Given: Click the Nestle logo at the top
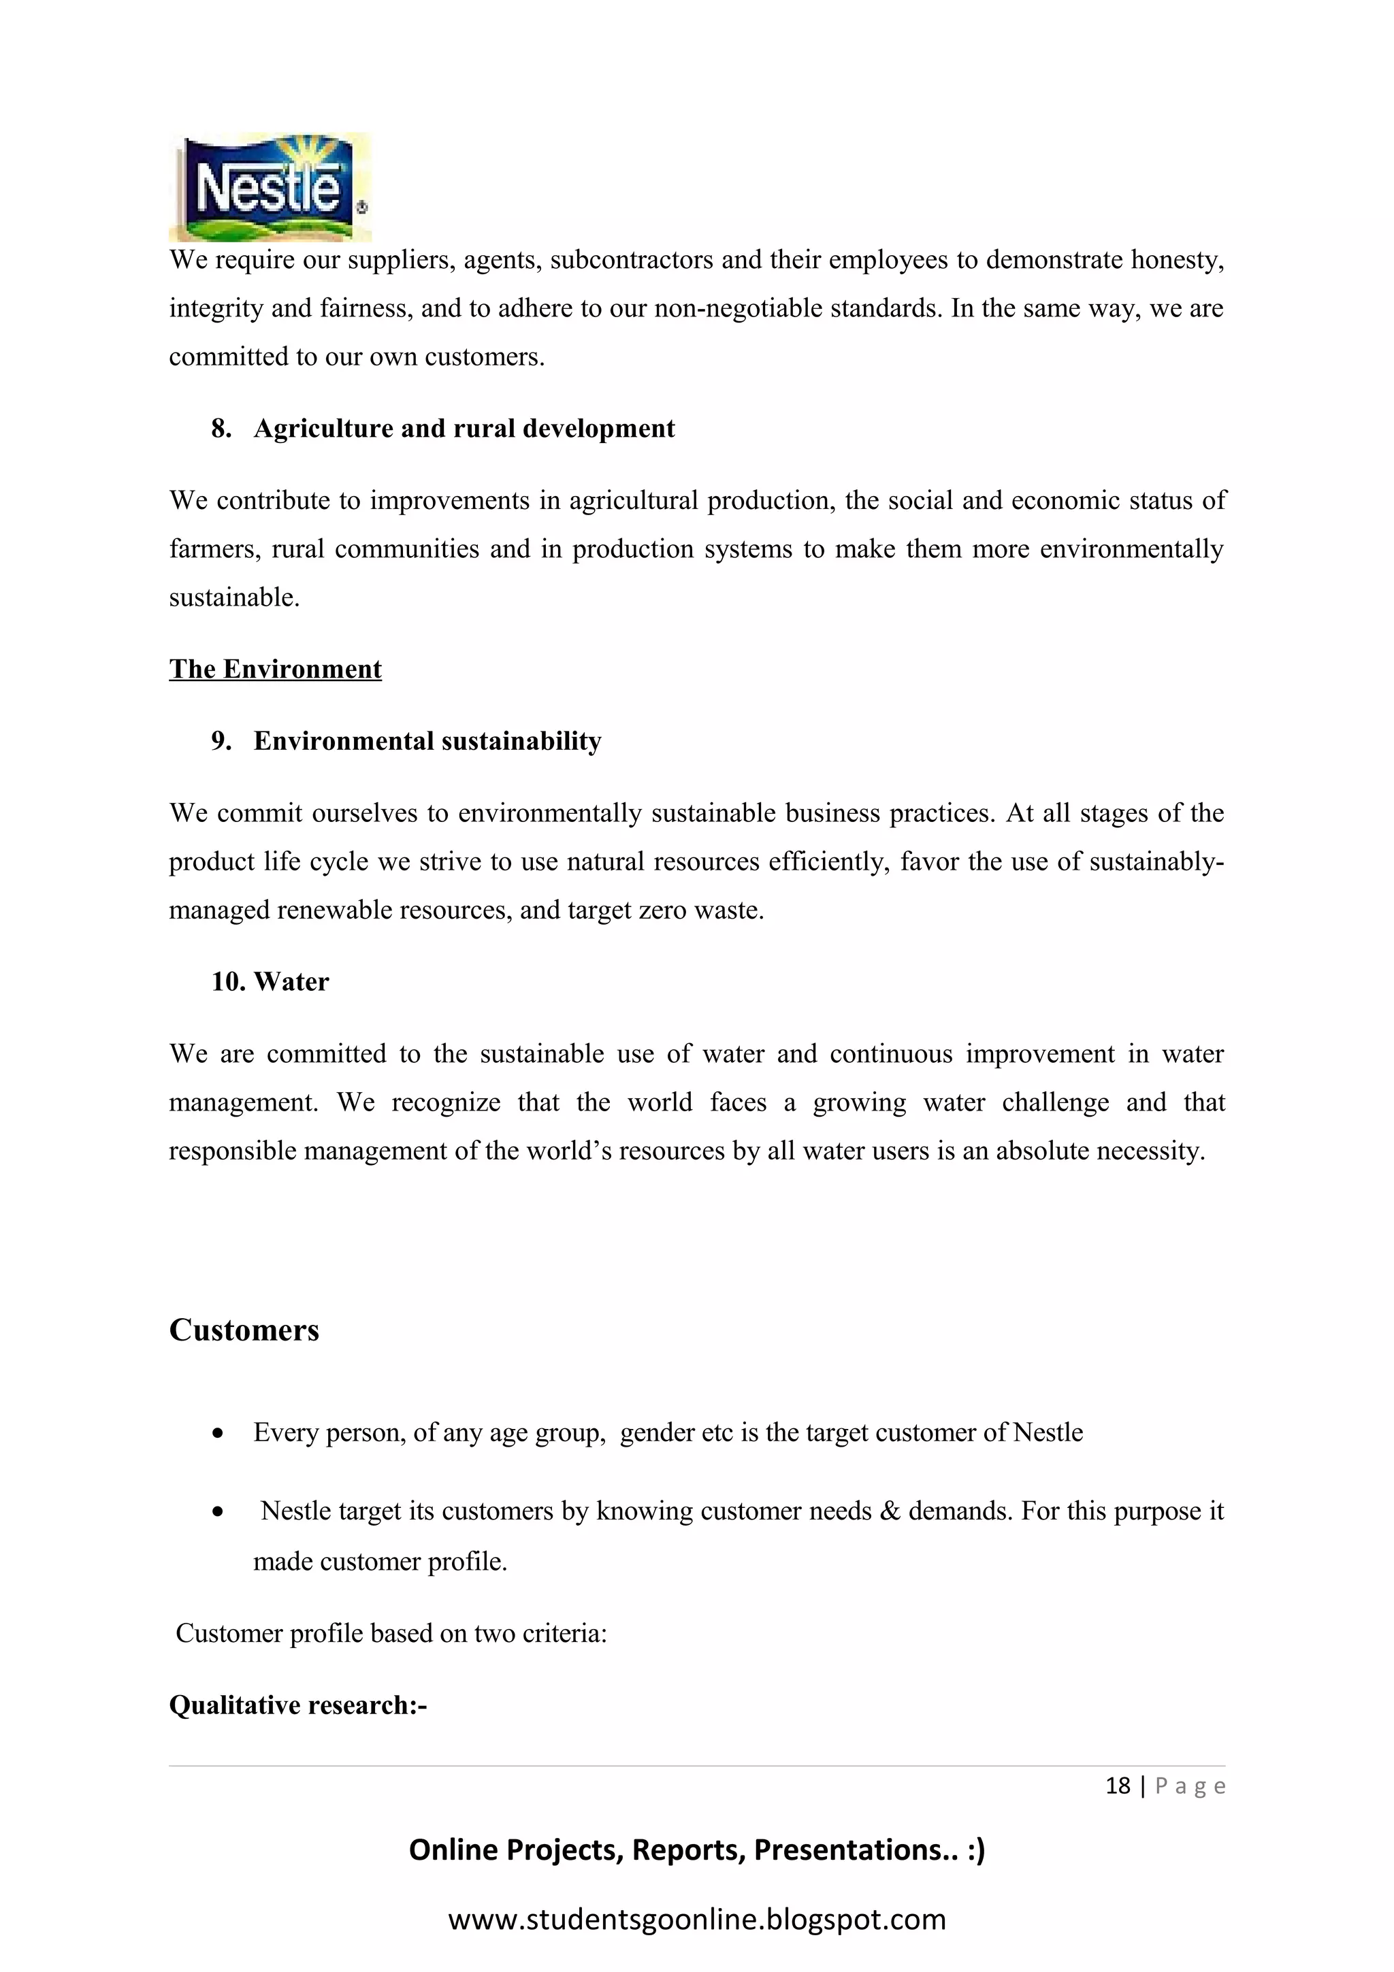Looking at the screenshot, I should [x=270, y=186].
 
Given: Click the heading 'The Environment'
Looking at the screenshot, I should [x=275, y=669].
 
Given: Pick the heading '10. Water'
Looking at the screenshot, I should [x=270, y=982].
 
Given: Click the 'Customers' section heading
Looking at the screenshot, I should [x=244, y=1330].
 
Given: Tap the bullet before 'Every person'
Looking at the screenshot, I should [x=218, y=1434].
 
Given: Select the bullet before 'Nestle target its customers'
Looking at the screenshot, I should [x=218, y=1513].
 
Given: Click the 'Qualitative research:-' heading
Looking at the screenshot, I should [x=298, y=1705].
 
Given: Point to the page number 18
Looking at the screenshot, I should [x=1118, y=1786].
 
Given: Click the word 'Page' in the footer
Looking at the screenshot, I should [x=1190, y=1786].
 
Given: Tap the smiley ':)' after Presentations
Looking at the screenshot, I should [x=975, y=1850].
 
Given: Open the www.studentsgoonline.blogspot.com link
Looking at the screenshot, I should [x=696, y=1919].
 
